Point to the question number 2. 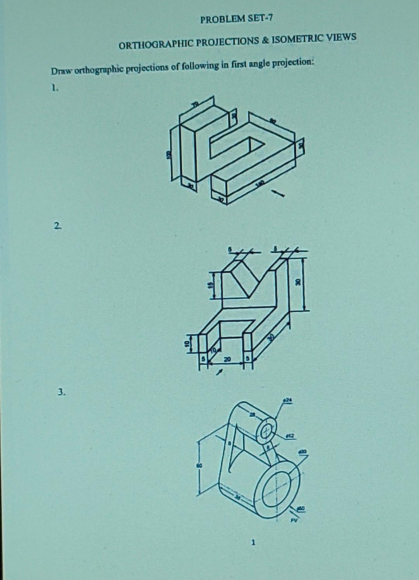coord(57,225)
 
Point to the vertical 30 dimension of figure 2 coord(298,282)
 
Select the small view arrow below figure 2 coord(220,373)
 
